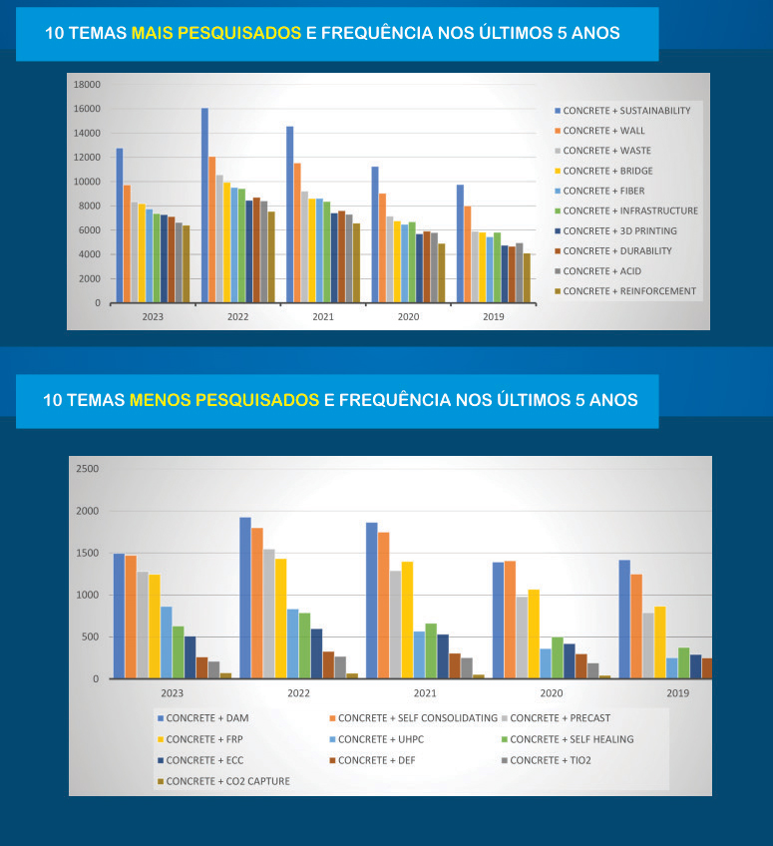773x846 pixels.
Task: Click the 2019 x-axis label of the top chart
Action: (x=493, y=316)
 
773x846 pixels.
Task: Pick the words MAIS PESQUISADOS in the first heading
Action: (x=215, y=33)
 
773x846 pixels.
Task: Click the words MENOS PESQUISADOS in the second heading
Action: (x=223, y=400)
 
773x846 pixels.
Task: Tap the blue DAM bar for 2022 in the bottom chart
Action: (x=245, y=598)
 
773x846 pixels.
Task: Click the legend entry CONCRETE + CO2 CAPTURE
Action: (x=228, y=781)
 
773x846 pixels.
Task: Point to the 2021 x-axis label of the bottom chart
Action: (x=424, y=692)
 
